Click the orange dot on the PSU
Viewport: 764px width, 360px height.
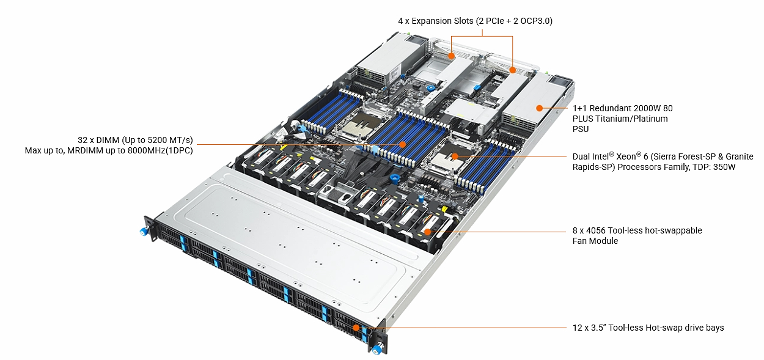[539, 108]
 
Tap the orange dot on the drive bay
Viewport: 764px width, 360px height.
[356, 328]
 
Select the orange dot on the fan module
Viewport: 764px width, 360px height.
[427, 232]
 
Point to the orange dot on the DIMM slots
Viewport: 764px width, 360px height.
[402, 145]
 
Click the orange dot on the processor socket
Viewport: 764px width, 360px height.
[455, 156]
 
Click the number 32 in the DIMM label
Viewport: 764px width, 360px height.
[83, 140]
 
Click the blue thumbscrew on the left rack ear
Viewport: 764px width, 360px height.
[144, 232]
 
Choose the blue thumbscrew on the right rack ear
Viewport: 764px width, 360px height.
[376, 350]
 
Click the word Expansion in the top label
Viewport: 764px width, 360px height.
[432, 21]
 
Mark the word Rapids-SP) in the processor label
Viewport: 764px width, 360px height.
[594, 167]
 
